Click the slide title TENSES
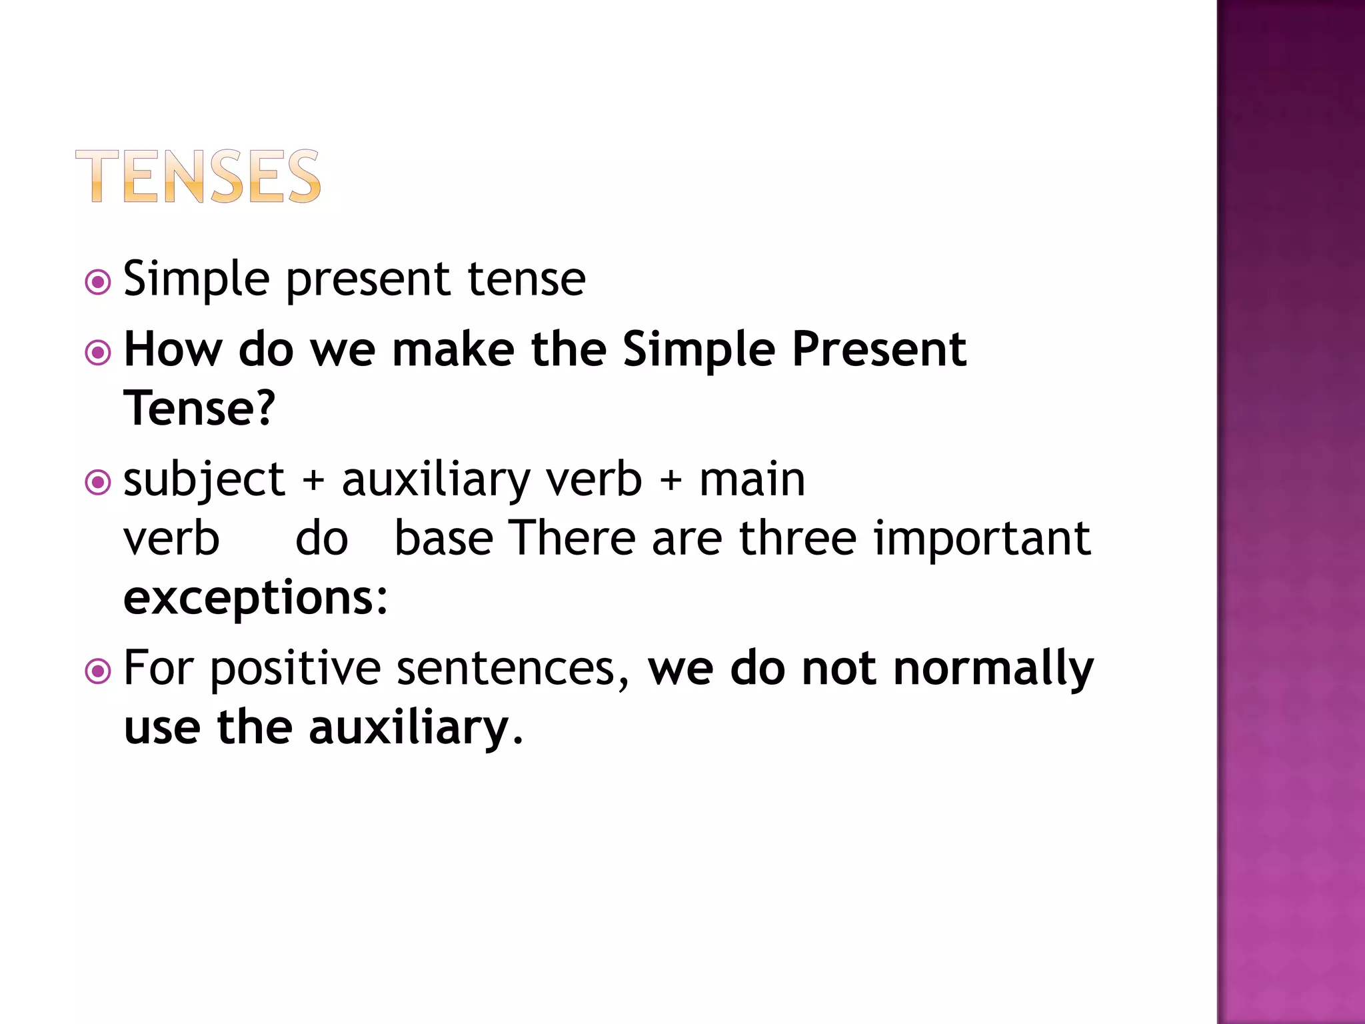pyautogui.click(x=198, y=176)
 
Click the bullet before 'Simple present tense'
pyautogui.click(x=98, y=282)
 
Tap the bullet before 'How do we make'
pyautogui.click(x=98, y=352)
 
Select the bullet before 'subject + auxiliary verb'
pyautogui.click(x=98, y=482)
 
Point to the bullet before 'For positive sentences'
pyautogui.click(x=98, y=671)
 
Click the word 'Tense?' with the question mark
pyautogui.click(x=199, y=408)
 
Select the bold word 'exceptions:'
pyautogui.click(x=255, y=598)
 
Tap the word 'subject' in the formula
pyautogui.click(x=204, y=480)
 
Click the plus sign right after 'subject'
pyautogui.click(x=313, y=481)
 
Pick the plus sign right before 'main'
pyautogui.click(x=671, y=481)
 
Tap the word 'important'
pyautogui.click(x=982, y=539)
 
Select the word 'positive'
pyautogui.click(x=295, y=669)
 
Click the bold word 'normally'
pyautogui.click(x=993, y=669)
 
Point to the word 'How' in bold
pyautogui.click(x=173, y=349)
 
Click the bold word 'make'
pyautogui.click(x=453, y=349)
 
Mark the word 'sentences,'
pyautogui.click(x=513, y=669)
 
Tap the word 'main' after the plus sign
pyautogui.click(x=752, y=480)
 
